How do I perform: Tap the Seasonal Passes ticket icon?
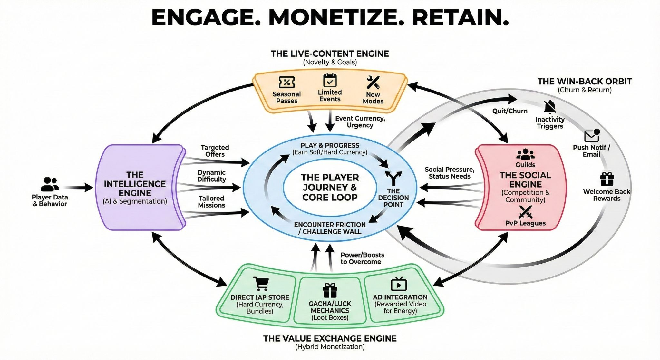[x=286, y=83]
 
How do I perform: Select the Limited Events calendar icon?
[x=330, y=81]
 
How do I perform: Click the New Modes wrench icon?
[x=373, y=83]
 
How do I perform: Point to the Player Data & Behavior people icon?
[x=50, y=184]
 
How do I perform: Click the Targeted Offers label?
[x=215, y=151]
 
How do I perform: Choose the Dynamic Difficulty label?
[x=211, y=176]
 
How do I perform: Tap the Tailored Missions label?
[x=211, y=202]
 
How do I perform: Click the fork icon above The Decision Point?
[x=393, y=178]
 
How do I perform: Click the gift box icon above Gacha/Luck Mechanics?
[x=330, y=290]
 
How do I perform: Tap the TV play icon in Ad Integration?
[x=399, y=284]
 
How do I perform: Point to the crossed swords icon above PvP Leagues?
[x=525, y=212]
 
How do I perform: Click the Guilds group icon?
[x=525, y=154]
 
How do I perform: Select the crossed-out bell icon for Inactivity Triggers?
[x=549, y=107]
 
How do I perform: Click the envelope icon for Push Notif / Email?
[x=592, y=136]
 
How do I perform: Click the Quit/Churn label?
[x=510, y=111]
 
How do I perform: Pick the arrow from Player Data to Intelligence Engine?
[x=79, y=187]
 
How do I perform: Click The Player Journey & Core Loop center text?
[x=330, y=187]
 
